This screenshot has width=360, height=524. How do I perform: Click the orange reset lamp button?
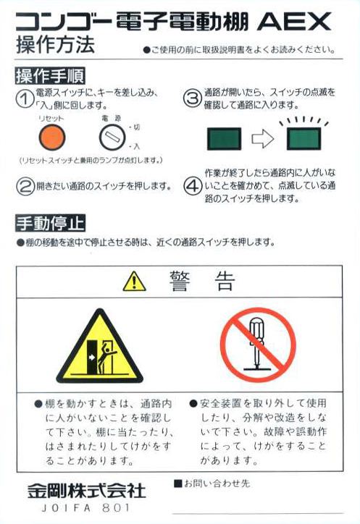pos(52,137)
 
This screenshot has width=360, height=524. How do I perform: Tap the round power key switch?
pos(112,137)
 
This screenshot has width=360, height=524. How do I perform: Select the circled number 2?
pos(25,186)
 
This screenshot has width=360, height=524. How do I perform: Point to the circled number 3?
pos(192,98)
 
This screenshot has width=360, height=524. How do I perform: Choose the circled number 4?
pos(193,186)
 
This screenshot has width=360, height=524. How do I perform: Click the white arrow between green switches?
pos(263,139)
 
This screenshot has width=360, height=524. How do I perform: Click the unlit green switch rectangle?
pos(224,139)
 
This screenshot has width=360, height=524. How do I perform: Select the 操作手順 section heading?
pos(50,76)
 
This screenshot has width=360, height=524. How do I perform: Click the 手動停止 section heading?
pos(50,223)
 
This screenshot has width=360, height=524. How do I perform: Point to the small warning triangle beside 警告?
pos(134,282)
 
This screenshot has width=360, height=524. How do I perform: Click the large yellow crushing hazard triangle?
pos(100,347)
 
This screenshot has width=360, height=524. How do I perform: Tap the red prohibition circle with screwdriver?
pos(258,345)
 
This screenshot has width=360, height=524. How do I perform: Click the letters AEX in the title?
pos(294,22)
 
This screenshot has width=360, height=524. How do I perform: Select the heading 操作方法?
pos(55,45)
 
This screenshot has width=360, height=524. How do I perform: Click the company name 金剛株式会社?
pos(87,491)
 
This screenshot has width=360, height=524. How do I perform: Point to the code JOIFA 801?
pos(86,508)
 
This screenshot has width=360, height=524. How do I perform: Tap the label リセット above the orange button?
pos(51,118)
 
